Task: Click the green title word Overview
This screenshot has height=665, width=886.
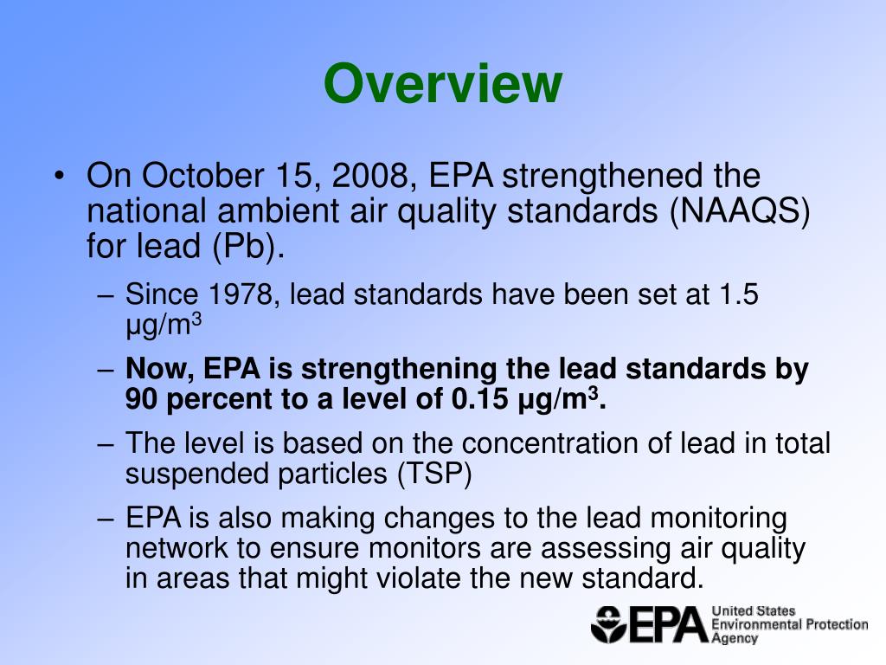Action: pos(443,84)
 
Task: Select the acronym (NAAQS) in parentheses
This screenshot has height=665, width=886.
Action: pos(739,212)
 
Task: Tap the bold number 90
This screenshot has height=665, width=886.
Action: pos(143,400)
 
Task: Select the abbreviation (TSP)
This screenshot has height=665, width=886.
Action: pos(434,474)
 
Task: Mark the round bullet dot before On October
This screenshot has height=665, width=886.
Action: pos(59,177)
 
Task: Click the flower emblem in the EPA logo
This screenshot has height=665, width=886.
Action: pos(609,623)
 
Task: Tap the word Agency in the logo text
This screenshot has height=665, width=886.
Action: pos(735,638)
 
